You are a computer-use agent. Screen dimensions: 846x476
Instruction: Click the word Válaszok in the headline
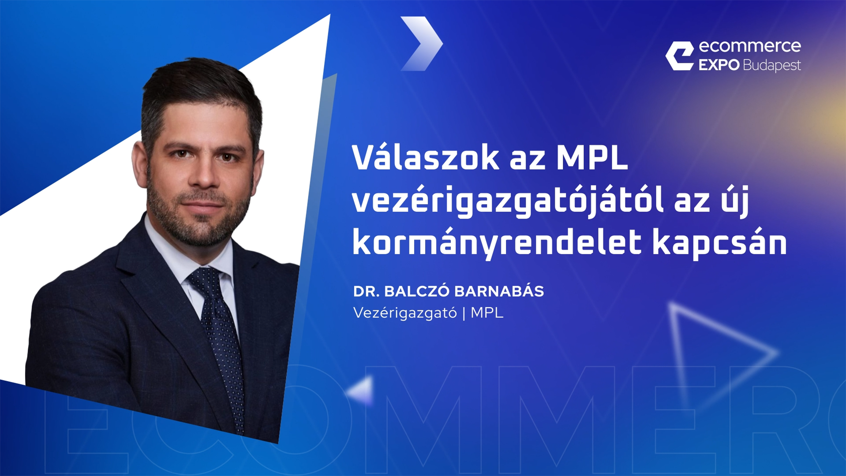tap(426, 157)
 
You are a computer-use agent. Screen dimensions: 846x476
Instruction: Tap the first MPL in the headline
tap(592, 158)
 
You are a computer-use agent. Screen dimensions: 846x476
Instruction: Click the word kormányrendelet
tap(497, 243)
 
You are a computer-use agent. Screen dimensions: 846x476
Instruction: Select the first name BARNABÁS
tap(499, 291)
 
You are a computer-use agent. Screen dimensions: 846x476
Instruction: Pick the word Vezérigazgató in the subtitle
tap(405, 313)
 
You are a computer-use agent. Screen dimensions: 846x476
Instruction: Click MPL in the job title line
tap(487, 312)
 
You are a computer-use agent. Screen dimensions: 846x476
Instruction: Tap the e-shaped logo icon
tap(680, 56)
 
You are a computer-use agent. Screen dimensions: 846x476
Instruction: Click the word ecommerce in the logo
tap(750, 46)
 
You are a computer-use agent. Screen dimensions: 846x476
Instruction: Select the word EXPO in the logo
tap(719, 65)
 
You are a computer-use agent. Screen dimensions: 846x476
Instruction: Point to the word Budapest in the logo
tap(772, 66)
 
